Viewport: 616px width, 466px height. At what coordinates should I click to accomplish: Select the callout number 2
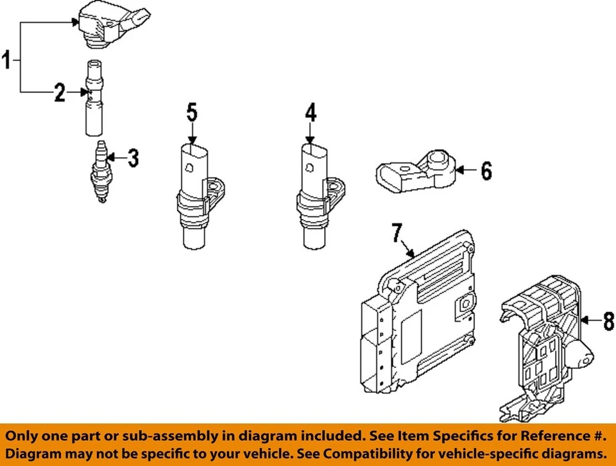pos(60,94)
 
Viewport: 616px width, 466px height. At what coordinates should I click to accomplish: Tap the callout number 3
pos(132,158)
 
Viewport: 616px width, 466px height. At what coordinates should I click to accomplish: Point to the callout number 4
pos(311,114)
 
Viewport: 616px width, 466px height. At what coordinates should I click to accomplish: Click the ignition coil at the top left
pos(108,25)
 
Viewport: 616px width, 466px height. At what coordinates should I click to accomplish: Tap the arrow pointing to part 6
pos(466,171)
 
